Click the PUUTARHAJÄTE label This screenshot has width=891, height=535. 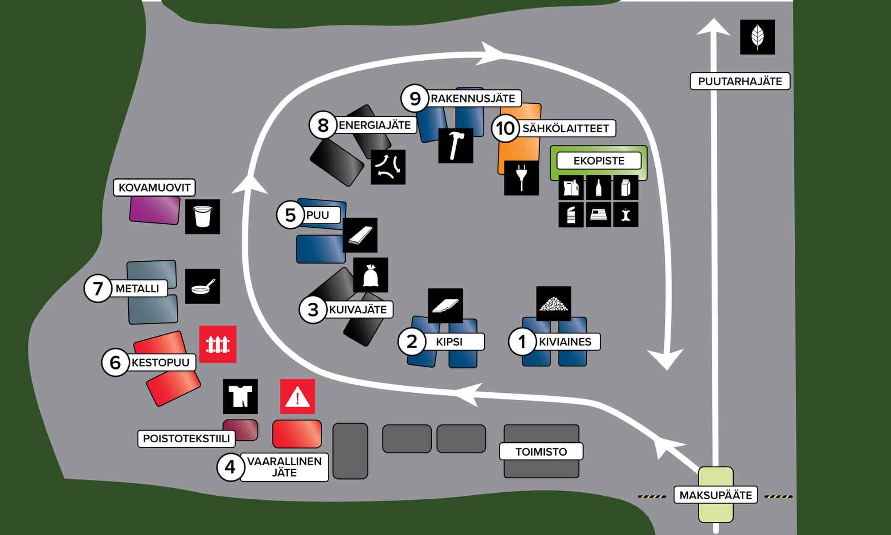740,81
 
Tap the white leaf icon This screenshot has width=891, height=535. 757,37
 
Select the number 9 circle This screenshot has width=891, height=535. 415,99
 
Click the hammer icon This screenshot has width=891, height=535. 455,145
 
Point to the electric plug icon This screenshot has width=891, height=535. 521,178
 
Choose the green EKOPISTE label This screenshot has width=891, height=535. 599,160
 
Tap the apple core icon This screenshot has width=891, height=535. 625,215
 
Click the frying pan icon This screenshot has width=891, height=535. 202,286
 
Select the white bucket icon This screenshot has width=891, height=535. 202,217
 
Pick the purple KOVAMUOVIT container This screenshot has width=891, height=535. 155,209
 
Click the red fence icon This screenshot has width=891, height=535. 217,344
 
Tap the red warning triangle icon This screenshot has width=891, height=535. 297,396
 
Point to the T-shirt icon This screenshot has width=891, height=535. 240,396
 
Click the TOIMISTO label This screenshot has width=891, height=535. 541,452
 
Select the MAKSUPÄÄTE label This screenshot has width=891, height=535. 715,495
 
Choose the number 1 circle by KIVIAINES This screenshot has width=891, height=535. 522,342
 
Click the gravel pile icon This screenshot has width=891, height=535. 553,304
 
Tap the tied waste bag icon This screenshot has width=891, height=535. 370,275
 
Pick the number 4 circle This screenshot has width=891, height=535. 230,467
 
